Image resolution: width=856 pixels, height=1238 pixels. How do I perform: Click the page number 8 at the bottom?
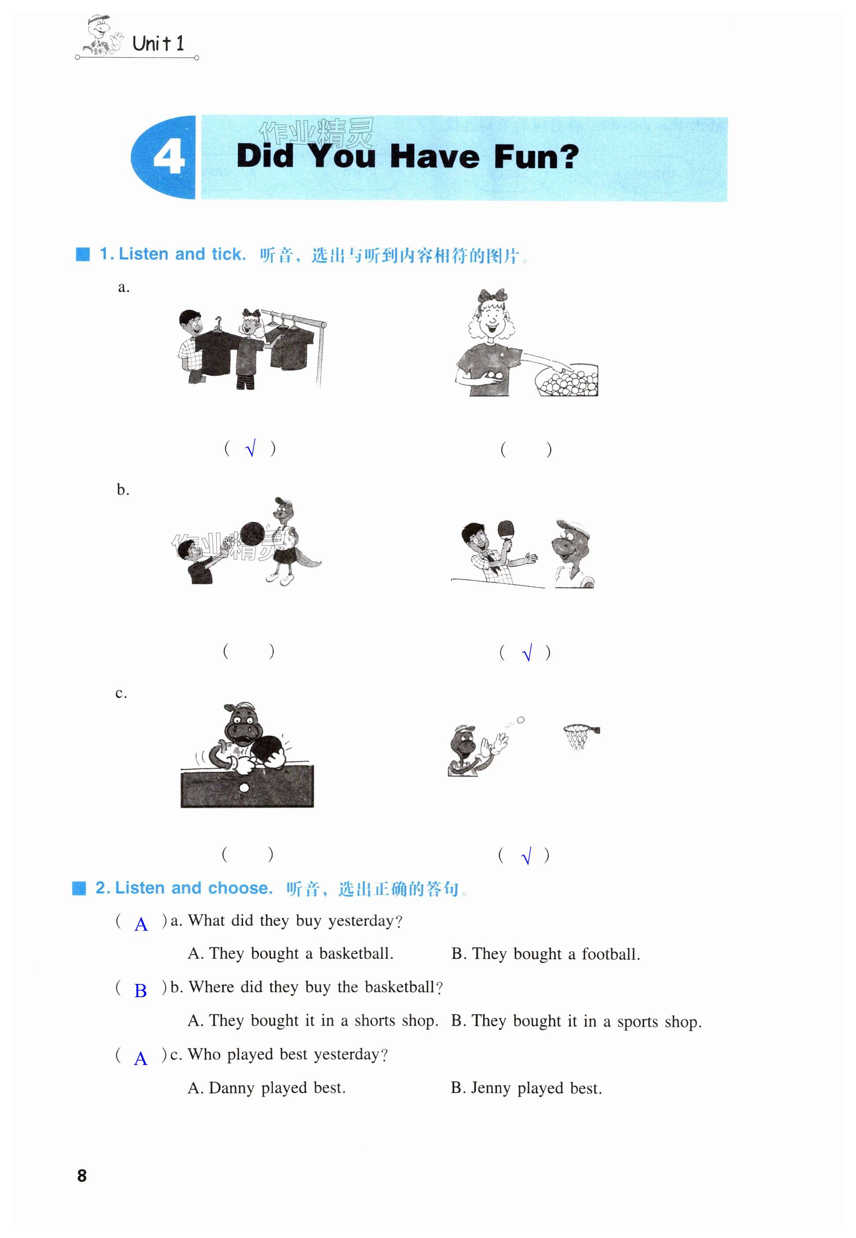[81, 1176]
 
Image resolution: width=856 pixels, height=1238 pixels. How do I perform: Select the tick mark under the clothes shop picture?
[251, 448]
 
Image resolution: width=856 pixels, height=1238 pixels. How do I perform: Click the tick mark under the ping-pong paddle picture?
[527, 652]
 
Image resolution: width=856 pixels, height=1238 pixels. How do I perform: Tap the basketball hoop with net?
[581, 736]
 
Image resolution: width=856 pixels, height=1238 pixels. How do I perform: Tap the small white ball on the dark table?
[244, 787]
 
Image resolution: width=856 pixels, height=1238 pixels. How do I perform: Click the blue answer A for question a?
[141, 924]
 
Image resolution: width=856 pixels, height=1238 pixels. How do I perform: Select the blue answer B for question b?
[140, 990]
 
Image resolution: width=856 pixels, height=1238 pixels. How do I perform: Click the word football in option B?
[611, 954]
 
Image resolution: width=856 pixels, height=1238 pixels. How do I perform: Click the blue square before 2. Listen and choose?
[79, 888]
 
